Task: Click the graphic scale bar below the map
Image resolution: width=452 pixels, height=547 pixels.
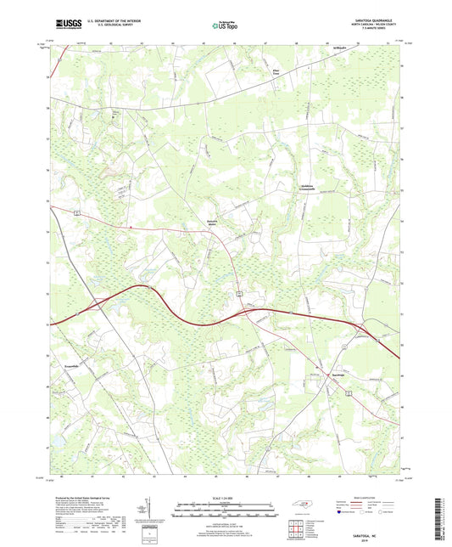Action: tap(225, 510)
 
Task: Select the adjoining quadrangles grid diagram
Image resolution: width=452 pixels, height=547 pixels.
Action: tap(296, 528)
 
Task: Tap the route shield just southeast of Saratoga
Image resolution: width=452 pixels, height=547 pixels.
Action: tap(349, 392)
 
